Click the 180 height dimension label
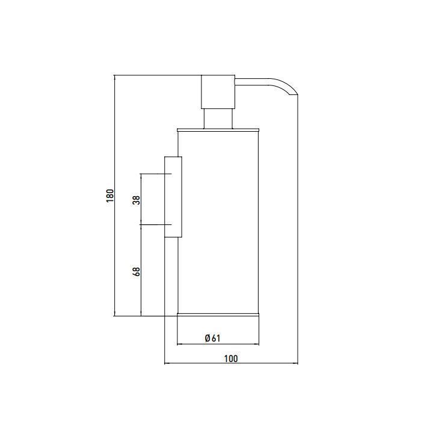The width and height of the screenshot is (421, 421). (x=110, y=195)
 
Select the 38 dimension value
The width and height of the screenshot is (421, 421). (x=137, y=200)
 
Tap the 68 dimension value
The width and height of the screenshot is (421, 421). (x=137, y=272)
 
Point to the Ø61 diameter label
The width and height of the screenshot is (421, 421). (x=212, y=338)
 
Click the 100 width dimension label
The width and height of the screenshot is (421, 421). (x=231, y=358)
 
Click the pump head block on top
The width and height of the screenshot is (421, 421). (x=218, y=92)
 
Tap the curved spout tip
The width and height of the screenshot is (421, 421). (x=293, y=93)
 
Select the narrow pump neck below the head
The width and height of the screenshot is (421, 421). (x=218, y=119)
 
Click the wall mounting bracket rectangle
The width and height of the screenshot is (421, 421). (x=173, y=197)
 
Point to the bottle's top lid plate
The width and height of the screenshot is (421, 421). (x=218, y=131)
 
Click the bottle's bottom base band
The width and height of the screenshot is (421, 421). (x=218, y=315)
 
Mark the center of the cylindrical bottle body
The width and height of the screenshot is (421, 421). (x=218, y=223)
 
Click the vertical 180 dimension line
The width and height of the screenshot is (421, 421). (x=115, y=195)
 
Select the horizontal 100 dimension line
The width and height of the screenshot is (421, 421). (x=231, y=363)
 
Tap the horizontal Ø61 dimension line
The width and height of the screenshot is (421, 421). (x=218, y=344)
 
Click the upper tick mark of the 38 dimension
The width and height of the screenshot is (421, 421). (x=156, y=174)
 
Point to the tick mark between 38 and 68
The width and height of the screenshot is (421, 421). (x=155, y=224)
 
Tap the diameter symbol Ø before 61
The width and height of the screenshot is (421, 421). (x=207, y=338)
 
